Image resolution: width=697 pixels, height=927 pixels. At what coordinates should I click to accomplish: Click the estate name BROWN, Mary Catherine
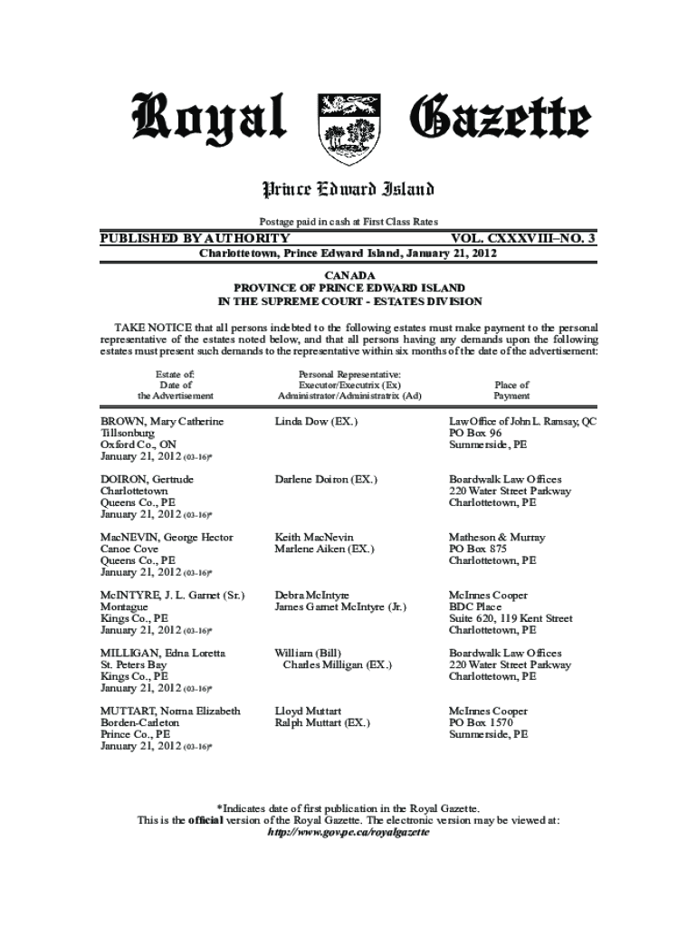pos(162,422)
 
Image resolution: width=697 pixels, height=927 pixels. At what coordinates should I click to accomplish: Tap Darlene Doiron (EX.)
pos(326,479)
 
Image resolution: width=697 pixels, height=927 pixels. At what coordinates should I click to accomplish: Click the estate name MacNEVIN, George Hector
pos(167,538)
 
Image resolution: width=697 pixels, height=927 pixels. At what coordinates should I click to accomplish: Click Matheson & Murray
pos(497,538)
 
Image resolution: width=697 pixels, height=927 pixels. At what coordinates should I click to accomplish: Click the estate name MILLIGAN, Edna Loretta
pos(163,654)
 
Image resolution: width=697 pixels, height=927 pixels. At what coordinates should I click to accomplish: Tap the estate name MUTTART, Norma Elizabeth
pos(170,712)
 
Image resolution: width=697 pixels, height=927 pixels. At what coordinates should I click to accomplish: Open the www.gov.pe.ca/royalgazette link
pos(349,832)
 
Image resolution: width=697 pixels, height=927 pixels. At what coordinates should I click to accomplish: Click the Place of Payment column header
pos(511,390)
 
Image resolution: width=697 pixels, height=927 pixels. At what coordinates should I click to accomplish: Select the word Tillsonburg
pos(128,434)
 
